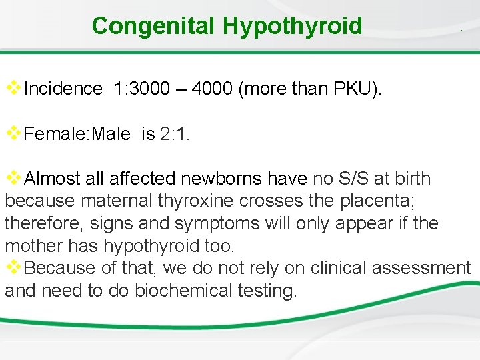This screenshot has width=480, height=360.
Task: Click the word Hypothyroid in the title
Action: point(293,26)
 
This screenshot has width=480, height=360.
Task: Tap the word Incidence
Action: point(63,89)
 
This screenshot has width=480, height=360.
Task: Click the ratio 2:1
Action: point(175,134)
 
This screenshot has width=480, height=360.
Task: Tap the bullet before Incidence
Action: point(13,87)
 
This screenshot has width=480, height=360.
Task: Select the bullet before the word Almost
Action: point(13,177)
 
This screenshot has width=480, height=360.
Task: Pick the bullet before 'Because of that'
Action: point(13,267)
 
